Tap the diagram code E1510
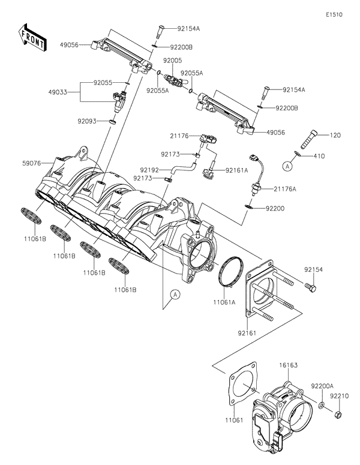(334, 14)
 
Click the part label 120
(335, 136)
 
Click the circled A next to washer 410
(288, 163)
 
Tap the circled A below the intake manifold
(175, 293)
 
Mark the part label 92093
(87, 121)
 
